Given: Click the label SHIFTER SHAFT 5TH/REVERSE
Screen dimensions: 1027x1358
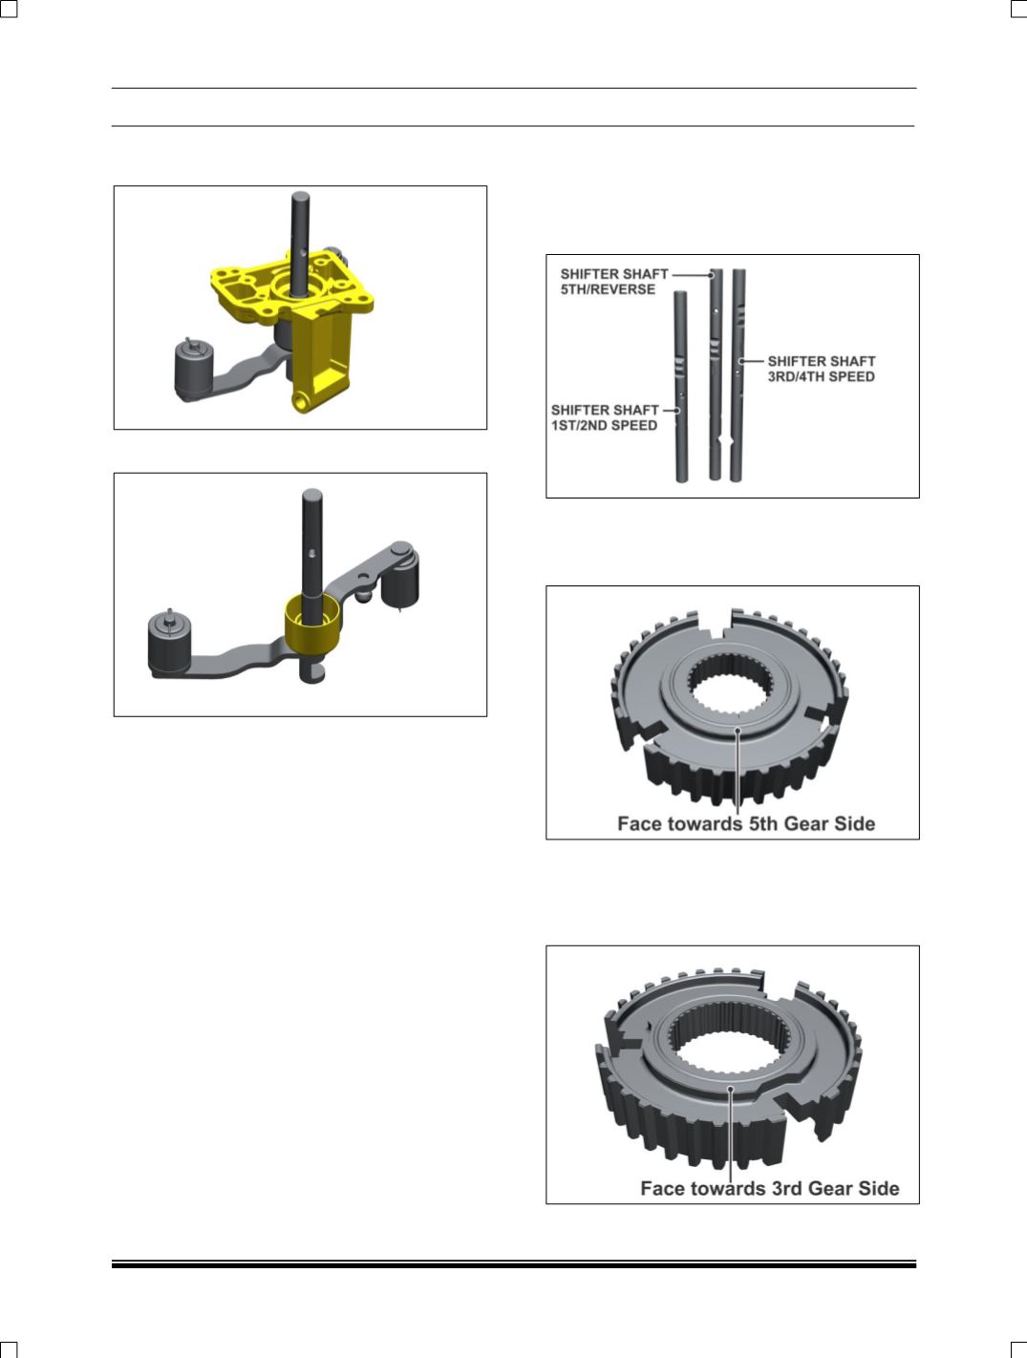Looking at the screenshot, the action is coord(613,282).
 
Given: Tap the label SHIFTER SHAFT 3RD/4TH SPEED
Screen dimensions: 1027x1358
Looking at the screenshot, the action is coord(821,369).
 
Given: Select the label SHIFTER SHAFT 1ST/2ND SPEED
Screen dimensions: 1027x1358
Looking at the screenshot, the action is coord(605,417).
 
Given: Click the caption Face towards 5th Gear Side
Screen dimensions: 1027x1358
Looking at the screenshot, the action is coord(746,823).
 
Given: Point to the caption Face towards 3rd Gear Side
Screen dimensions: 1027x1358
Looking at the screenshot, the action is coord(770,1188).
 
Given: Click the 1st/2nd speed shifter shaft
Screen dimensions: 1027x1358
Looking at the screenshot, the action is coord(680,387).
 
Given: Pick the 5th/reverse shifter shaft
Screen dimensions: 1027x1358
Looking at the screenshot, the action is coord(716,374).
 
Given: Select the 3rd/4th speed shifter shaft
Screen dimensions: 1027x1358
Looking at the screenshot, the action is coord(738,374).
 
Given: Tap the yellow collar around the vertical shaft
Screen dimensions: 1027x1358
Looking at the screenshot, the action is coord(313,625).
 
